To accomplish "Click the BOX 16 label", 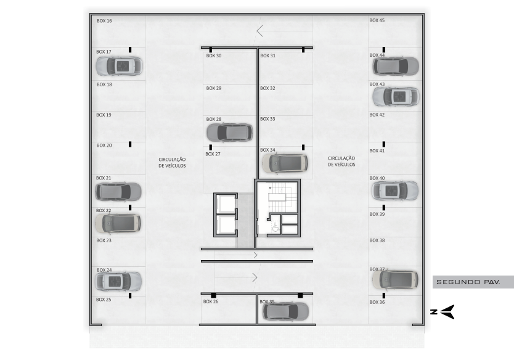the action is point(104,21).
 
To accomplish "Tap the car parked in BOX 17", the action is point(119,66).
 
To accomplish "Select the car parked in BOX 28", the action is point(229,132).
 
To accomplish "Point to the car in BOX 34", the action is point(285,163).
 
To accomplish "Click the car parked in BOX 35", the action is point(285,311).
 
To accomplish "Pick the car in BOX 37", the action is point(395,280).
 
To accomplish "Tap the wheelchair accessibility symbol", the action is point(275,227).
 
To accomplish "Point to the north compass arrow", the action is point(447,312).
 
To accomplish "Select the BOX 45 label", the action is point(377,20).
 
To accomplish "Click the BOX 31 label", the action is point(268,55).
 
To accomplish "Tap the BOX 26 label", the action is point(211,301).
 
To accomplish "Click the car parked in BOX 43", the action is point(396,97).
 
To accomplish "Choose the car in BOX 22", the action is point(118,223).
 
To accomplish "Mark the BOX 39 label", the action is point(377,214).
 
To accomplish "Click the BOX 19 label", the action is point(104,115).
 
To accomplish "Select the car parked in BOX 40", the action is point(395,190).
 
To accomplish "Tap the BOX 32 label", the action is point(267,88).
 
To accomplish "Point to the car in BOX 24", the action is point(118,281).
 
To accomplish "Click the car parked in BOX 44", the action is point(396,66).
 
